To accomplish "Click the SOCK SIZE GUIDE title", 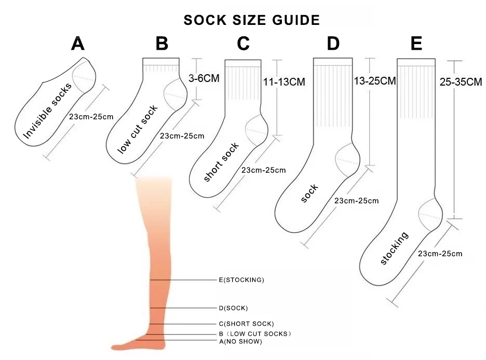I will [251, 20].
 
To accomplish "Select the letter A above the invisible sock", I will [78, 44].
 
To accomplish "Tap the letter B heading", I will [162, 44].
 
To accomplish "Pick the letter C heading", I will [244, 44].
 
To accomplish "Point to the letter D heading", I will [333, 44].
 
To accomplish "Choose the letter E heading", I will [416, 44].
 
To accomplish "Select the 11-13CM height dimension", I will [285, 82].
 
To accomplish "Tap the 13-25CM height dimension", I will [374, 81].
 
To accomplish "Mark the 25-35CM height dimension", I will [461, 82].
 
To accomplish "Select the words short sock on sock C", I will [222, 162].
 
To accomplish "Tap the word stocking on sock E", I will [395, 248].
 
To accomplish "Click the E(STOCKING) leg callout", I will [241, 280].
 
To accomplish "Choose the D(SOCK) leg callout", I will [233, 308].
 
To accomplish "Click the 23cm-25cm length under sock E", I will [440, 254].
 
